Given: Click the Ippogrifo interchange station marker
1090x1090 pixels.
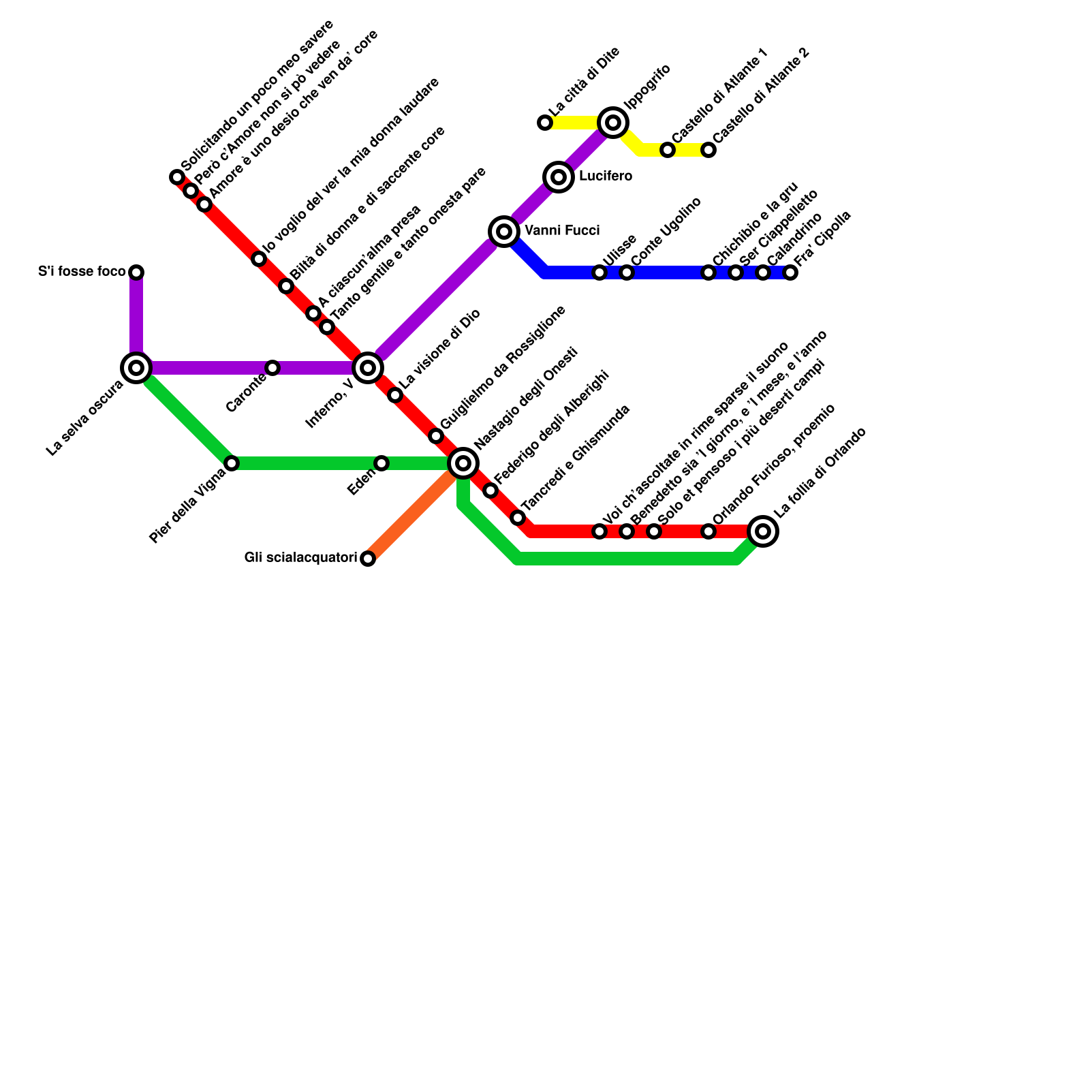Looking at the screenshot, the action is (x=613, y=123).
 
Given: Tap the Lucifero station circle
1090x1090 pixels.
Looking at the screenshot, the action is (x=559, y=177).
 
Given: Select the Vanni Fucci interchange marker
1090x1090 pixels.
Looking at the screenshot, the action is (x=504, y=232).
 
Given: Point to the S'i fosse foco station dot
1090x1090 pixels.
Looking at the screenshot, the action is (x=136, y=272).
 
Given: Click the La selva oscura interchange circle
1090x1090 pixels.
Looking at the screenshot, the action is (x=136, y=368).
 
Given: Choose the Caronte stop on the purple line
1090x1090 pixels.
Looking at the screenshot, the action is (x=272, y=368).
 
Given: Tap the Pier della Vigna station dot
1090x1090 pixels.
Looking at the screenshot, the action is (x=232, y=463).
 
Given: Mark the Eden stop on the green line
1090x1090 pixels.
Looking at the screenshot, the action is (x=381, y=463).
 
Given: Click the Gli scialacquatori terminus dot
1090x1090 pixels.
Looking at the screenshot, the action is (x=368, y=559).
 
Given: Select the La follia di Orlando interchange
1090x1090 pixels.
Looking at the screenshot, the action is (x=763, y=531).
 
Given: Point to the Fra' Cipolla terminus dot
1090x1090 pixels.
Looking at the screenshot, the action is (x=790, y=272).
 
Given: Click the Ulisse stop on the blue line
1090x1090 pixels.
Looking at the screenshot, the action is (x=599, y=272).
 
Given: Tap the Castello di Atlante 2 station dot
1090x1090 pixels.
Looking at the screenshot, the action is (x=708, y=150).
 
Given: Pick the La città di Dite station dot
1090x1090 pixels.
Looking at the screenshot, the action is (x=545, y=123).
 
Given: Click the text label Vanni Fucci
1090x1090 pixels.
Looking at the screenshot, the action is (x=562, y=231).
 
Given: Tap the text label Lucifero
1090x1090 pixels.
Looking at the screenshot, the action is (x=606, y=176).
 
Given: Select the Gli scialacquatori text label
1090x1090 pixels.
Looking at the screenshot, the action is (x=300, y=558).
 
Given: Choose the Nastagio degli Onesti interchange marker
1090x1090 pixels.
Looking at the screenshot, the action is (x=463, y=463).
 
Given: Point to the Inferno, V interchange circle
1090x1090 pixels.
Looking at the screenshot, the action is (x=368, y=368).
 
